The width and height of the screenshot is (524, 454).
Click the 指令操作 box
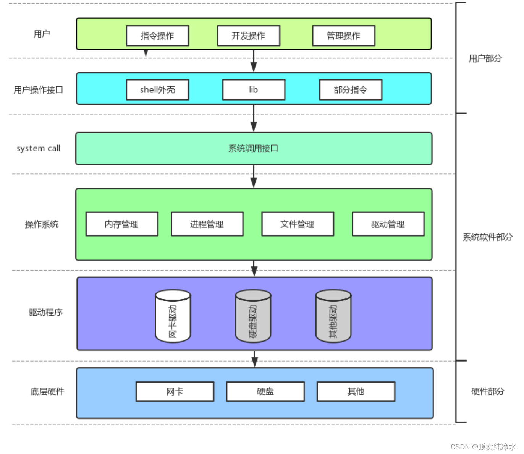click(x=157, y=36)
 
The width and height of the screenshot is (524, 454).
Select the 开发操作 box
click(x=248, y=36)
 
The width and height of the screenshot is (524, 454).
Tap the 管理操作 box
click(x=343, y=36)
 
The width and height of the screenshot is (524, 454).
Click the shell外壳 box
click(x=157, y=90)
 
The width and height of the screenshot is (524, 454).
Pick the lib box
click(x=254, y=90)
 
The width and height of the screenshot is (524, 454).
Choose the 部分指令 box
click(x=351, y=90)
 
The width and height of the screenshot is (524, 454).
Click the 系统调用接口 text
click(x=253, y=148)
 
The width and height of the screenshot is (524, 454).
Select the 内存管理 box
click(x=121, y=224)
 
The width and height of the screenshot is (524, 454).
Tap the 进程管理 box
click(x=207, y=224)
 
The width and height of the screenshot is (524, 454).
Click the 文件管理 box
click(x=298, y=224)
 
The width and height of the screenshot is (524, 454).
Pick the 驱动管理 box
click(x=388, y=224)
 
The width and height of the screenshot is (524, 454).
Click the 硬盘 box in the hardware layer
click(x=265, y=391)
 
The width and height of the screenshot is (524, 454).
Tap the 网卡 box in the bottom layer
click(x=175, y=391)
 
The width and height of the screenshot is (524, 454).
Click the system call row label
click(x=38, y=148)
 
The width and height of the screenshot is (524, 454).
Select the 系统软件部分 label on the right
click(x=487, y=237)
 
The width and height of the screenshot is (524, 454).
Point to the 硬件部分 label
click(x=488, y=391)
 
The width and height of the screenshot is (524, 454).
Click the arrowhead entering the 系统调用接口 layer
click(x=254, y=127)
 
